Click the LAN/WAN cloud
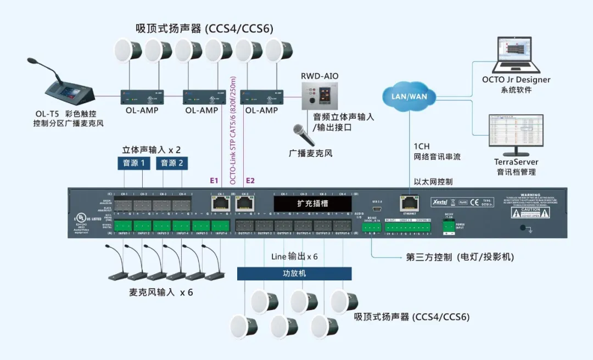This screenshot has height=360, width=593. (x=409, y=95)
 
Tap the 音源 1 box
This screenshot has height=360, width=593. (x=134, y=163)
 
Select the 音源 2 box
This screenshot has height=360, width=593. (x=172, y=163)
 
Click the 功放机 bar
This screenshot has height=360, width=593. (x=294, y=273)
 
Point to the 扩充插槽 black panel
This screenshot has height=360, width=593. (x=313, y=203)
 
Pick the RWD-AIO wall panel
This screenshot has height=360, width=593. (x=317, y=96)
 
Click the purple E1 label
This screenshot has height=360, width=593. (x=214, y=180)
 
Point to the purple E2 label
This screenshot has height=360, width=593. (x=250, y=180)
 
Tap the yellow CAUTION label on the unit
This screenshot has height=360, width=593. (x=530, y=211)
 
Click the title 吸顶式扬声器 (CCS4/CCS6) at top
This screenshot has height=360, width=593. (x=204, y=28)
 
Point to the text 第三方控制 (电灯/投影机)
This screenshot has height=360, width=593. (x=460, y=257)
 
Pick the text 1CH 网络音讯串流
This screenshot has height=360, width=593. (x=437, y=152)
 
